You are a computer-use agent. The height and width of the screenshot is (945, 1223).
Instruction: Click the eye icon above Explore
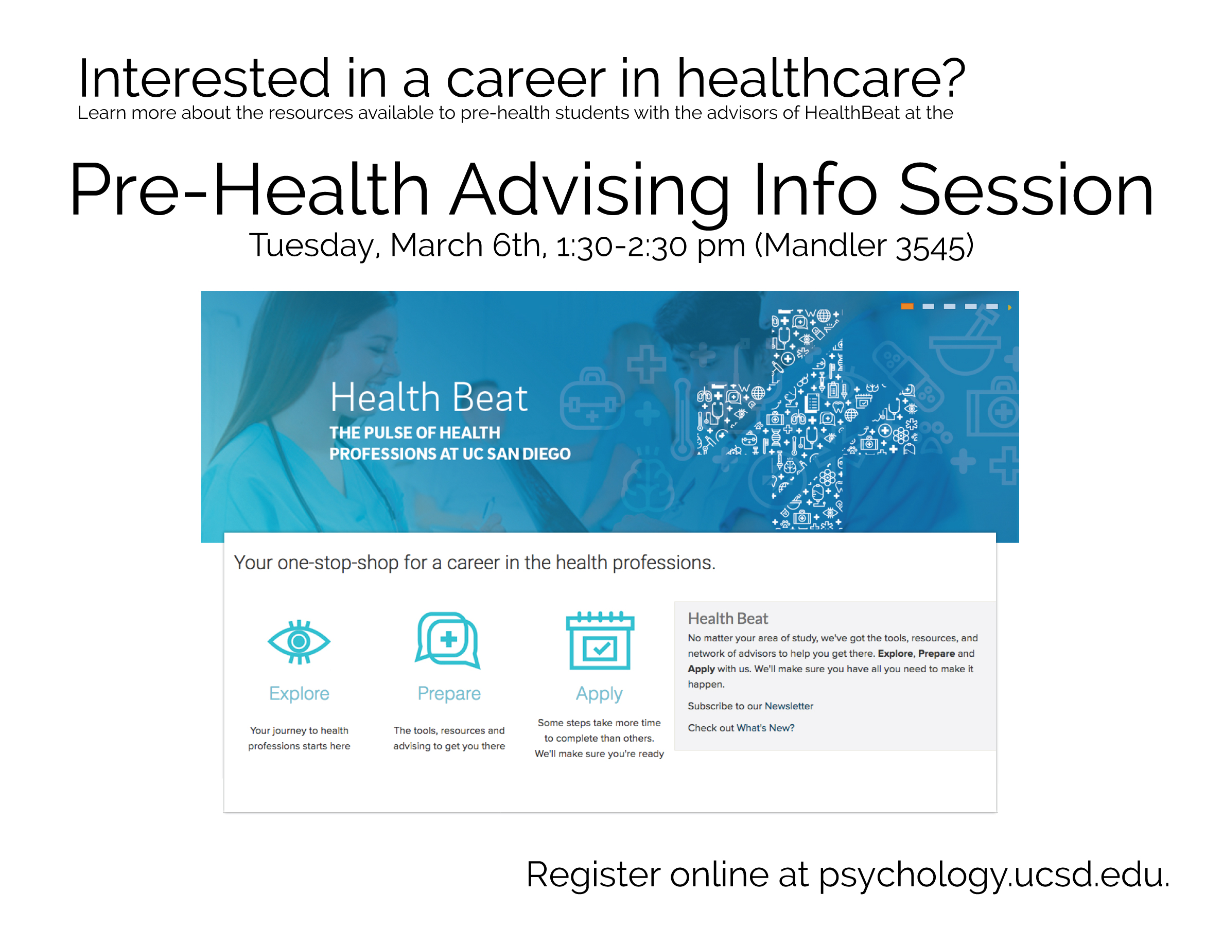(299, 641)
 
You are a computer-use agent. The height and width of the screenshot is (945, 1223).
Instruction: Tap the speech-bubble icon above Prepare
(448, 640)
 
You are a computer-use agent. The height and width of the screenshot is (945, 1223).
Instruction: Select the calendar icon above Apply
(600, 640)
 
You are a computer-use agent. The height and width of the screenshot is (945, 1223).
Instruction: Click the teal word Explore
(299, 693)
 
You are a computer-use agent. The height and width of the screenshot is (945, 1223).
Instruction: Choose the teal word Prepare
(449, 694)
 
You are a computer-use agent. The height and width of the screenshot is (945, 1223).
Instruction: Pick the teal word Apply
(599, 694)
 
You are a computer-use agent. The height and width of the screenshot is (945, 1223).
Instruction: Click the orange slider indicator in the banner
(907, 306)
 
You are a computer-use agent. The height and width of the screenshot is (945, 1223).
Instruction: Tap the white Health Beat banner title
(429, 397)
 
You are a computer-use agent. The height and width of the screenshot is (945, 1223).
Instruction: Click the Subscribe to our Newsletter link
(750, 706)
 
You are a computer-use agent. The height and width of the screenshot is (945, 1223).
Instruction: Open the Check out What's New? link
(741, 728)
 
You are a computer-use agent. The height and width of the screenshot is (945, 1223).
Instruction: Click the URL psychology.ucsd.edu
(994, 875)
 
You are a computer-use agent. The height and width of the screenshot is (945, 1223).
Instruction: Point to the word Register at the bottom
(593, 875)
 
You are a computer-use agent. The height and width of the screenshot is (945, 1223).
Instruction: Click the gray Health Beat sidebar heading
(728, 618)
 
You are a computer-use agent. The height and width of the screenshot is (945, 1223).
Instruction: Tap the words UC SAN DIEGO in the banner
(516, 453)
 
